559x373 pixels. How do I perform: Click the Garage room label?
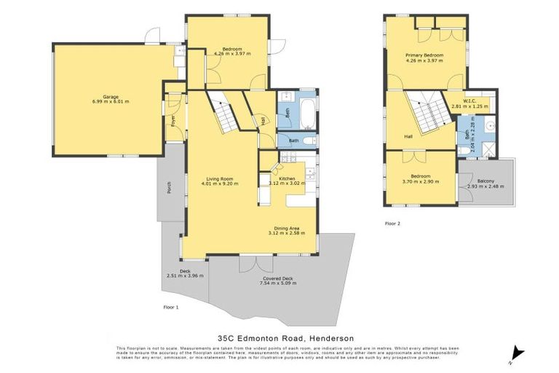tap(111, 96)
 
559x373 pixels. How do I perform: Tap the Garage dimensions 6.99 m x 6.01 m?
tap(111, 102)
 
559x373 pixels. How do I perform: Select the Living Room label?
tap(218, 178)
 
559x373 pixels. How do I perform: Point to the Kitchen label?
tap(286, 178)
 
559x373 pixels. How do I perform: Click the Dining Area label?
tap(286, 227)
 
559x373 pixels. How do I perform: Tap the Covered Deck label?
tap(277, 278)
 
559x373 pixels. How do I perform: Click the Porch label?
tap(168, 188)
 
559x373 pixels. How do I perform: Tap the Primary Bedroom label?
tap(424, 55)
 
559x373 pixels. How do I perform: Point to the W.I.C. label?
tap(466, 101)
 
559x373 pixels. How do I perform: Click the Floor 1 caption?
tap(170, 307)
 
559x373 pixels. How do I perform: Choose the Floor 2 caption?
tap(392, 224)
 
